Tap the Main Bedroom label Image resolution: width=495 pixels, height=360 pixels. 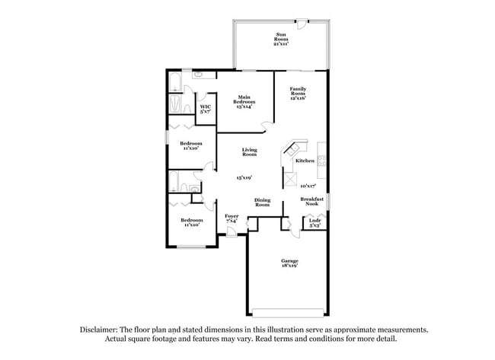click(244, 100)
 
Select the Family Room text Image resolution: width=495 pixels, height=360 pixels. click(297, 94)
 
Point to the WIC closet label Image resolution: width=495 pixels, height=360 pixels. click(205, 109)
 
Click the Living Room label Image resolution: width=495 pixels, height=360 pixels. click(249, 152)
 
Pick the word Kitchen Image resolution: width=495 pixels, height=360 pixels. click(305, 161)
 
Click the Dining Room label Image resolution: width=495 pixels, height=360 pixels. click(262, 202)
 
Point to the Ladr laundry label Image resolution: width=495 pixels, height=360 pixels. click(314, 223)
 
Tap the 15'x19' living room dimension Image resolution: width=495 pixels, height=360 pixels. click(244, 177)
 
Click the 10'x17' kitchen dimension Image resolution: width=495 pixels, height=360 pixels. click(308, 185)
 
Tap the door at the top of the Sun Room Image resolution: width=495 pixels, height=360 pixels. click(302, 22)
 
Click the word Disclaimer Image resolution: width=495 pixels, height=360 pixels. click(103, 330)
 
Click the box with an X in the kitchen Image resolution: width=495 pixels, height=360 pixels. click(289, 180)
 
